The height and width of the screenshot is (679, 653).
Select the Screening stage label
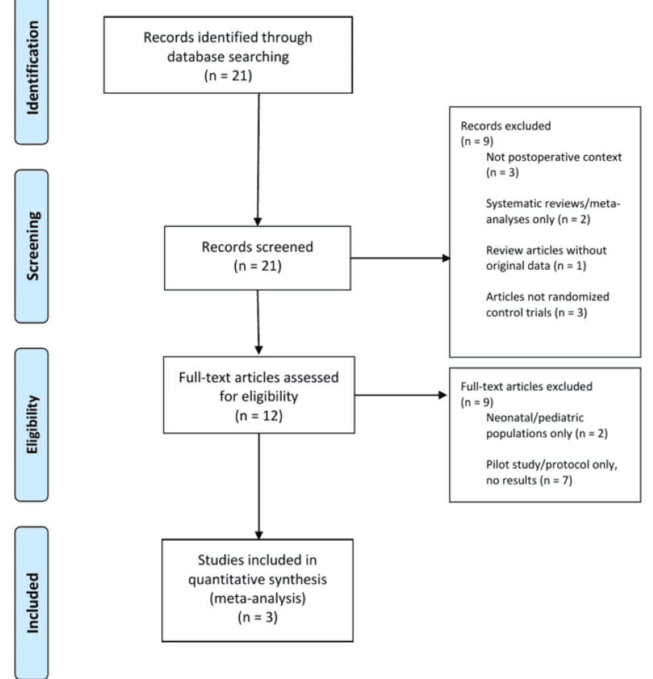32,245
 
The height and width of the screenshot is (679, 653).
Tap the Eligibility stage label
32,424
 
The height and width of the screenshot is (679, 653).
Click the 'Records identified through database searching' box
227,56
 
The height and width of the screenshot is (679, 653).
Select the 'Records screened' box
257,257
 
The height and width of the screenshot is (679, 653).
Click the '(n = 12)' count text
258,416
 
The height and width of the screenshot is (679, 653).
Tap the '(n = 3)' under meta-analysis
257,617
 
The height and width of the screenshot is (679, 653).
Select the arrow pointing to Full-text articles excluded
401,396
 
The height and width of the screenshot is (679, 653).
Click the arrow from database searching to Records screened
258,159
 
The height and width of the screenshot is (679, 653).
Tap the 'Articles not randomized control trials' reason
548,304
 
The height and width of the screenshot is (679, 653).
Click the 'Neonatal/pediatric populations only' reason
547,426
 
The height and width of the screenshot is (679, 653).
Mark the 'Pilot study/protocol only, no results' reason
551,471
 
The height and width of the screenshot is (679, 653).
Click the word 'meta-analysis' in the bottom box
257,598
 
